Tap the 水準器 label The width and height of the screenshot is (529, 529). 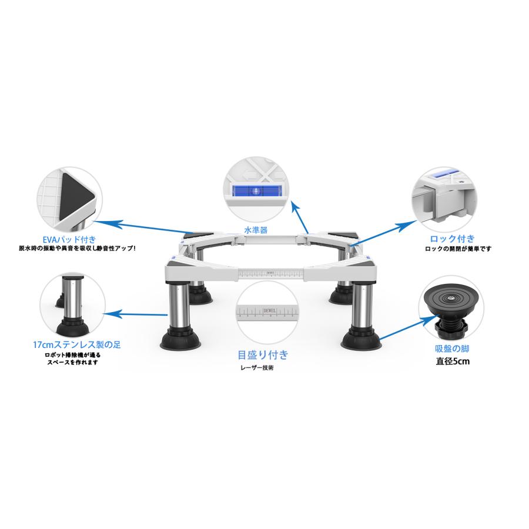click(256, 230)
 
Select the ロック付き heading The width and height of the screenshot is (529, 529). click(452, 239)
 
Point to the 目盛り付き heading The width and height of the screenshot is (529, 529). click(263, 354)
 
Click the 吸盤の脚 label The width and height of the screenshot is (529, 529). click(451, 349)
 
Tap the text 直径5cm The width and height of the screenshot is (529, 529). click(452, 361)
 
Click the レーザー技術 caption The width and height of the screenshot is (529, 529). click(257, 369)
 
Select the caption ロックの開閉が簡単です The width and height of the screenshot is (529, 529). click(458, 249)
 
